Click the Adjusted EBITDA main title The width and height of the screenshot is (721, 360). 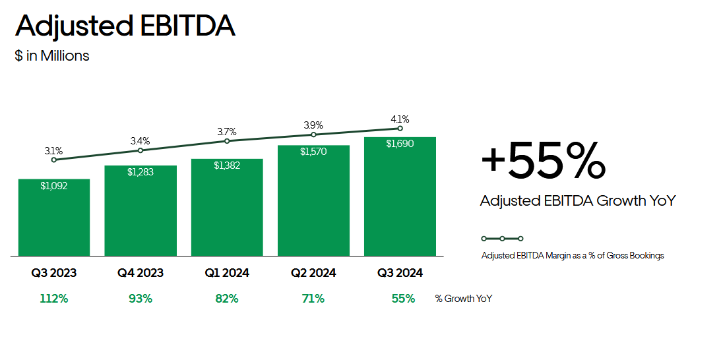(125, 26)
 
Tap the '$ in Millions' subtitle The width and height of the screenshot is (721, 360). (52, 55)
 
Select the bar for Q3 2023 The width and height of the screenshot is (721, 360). (54, 218)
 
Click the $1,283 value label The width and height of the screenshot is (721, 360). (141, 172)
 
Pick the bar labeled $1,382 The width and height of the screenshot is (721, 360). (227, 207)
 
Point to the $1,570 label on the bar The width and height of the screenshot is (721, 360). (313, 151)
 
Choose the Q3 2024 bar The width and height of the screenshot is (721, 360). (400, 196)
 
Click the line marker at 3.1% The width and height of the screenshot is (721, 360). (54, 160)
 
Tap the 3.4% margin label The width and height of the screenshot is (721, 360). (141, 140)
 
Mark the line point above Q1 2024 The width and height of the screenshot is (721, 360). (227, 140)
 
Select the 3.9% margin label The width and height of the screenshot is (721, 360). (313, 125)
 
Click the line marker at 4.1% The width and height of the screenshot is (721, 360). (400, 129)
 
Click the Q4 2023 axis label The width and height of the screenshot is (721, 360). (141, 273)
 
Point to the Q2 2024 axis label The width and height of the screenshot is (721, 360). (313, 273)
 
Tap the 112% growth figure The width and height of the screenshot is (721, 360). (54, 299)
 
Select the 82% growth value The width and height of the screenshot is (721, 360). (227, 299)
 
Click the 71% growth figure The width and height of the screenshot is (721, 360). (313, 299)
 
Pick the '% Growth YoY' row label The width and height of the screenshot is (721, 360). (464, 299)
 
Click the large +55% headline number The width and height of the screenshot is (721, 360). (543, 160)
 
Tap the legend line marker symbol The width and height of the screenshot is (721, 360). (502, 239)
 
